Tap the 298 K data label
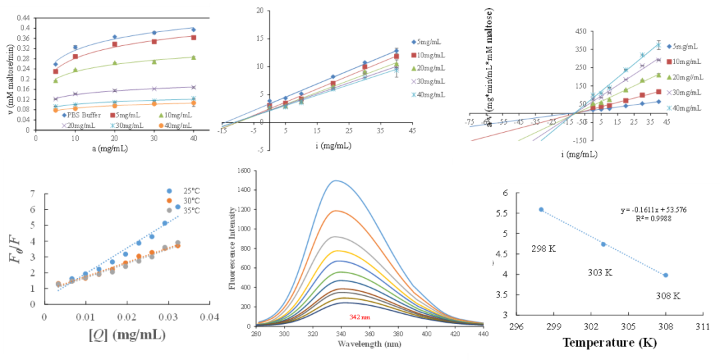(543, 249)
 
